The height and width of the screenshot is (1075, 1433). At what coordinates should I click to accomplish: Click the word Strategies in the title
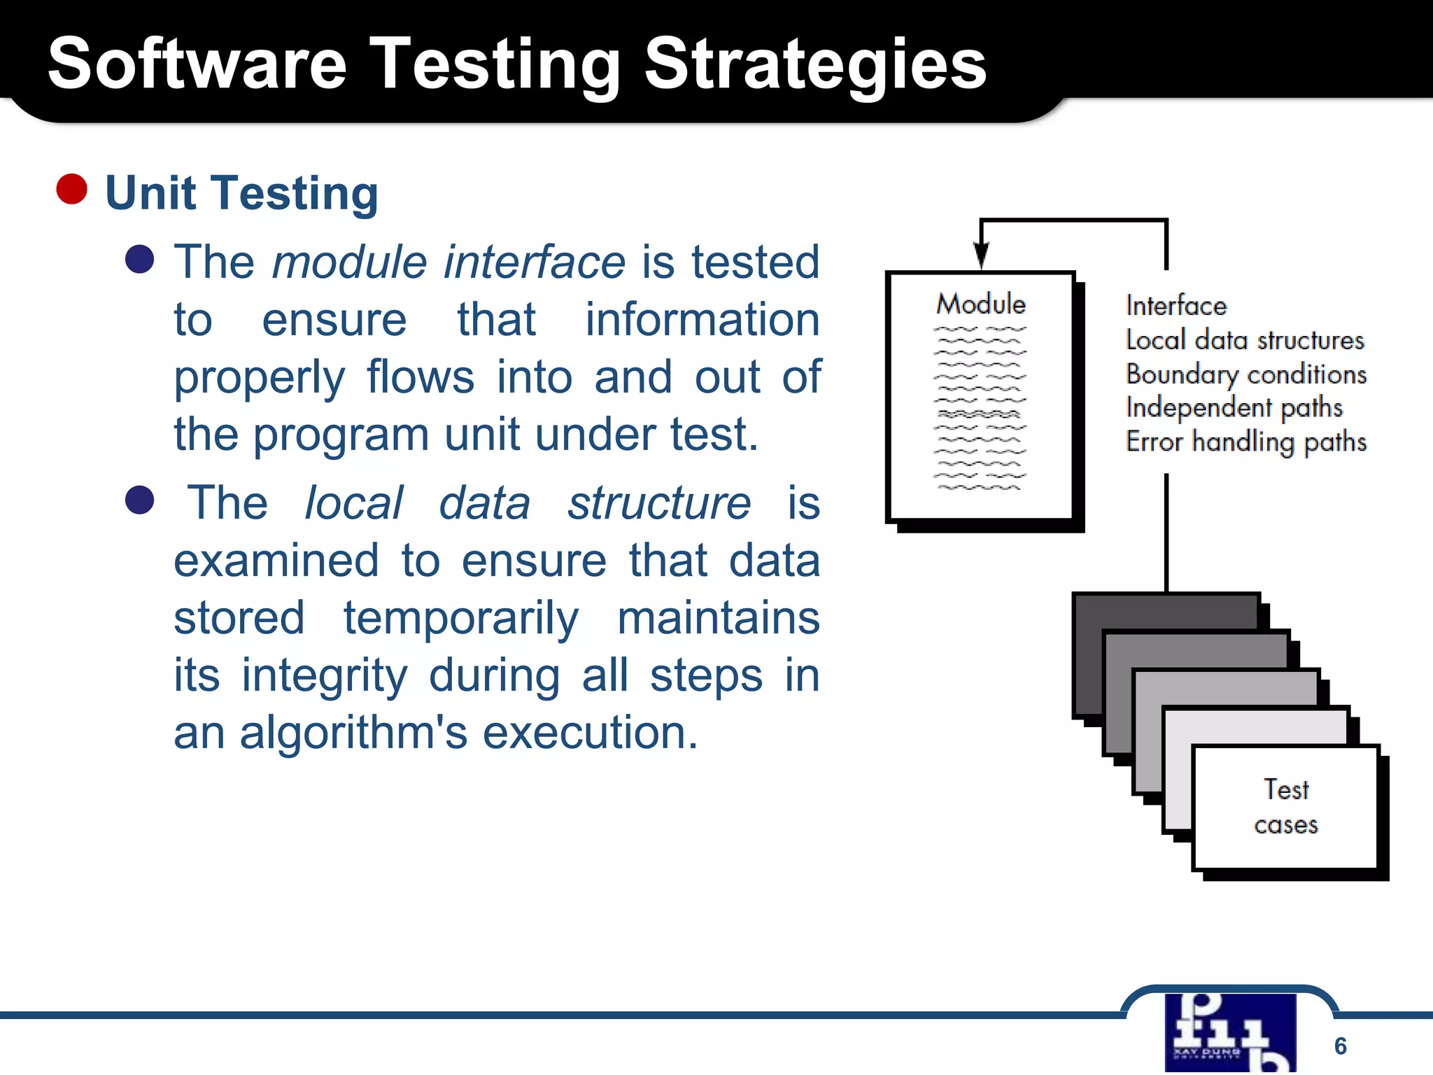point(814,64)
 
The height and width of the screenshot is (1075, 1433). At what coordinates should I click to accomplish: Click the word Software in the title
point(197,64)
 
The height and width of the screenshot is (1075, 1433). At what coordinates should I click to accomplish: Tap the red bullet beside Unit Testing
point(71,189)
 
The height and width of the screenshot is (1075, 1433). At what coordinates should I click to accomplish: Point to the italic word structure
point(658,503)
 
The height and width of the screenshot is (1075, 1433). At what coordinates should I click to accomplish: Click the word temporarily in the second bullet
point(461,619)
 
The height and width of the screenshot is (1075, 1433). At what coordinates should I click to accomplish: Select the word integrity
point(324,676)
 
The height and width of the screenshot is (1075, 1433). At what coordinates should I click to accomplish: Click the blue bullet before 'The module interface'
point(139,259)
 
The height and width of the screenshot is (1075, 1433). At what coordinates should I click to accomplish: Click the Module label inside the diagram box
point(981,304)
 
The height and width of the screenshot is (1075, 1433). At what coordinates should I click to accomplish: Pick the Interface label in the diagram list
point(1176,306)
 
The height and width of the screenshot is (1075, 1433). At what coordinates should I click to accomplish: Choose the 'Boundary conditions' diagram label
point(1246,374)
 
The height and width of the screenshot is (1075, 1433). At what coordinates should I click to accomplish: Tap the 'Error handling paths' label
point(1246,442)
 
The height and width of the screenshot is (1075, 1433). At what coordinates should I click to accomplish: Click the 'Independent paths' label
point(1234,408)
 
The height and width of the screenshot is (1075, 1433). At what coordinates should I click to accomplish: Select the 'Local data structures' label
point(1245,340)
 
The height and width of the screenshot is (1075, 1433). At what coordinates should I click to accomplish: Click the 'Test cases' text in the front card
point(1286,807)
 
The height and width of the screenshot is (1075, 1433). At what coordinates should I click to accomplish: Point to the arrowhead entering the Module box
point(982,255)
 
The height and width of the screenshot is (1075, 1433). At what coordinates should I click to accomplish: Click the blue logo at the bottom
point(1230,1033)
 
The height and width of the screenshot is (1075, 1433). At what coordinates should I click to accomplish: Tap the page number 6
point(1340,1046)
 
